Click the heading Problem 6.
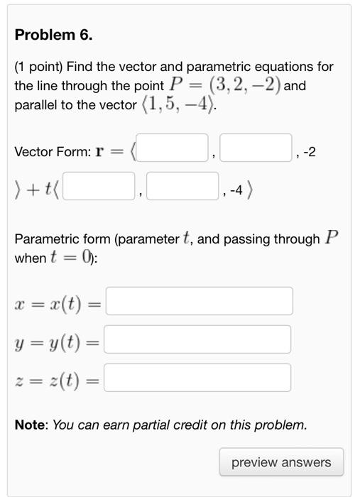[x=54, y=35]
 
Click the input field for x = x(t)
[x=199, y=301]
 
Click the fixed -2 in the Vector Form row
[x=308, y=152]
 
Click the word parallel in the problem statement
[x=37, y=105]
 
